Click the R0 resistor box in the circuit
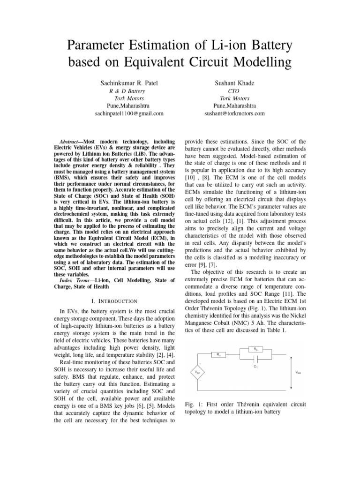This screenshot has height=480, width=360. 219,355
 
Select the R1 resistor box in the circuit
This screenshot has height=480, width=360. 255,349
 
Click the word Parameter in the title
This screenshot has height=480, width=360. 99,46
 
